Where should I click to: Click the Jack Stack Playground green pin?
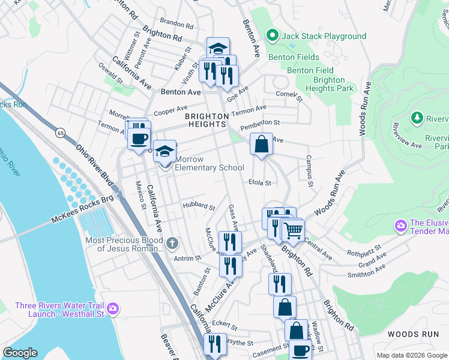tap(271, 36)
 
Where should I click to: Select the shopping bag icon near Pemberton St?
tap(261, 145)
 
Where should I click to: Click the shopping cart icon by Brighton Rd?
tap(293, 230)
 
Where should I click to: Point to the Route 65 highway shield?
tap(61, 132)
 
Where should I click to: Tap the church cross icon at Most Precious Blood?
tap(172, 244)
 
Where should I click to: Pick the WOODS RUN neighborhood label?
tap(414, 334)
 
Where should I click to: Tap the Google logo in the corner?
tap(20, 353)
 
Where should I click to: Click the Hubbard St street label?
tap(199, 207)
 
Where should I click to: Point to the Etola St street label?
tap(260, 182)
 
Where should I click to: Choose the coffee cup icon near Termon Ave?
tap(139, 139)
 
